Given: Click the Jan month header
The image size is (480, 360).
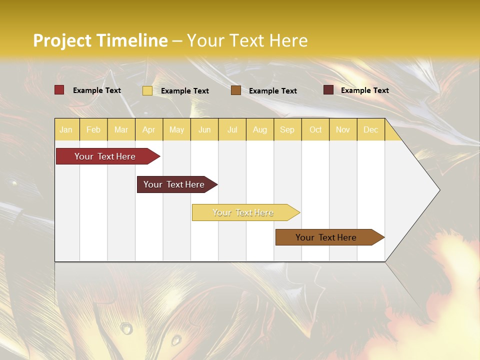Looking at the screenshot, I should point(66,129).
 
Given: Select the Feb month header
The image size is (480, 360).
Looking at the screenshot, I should point(93,129).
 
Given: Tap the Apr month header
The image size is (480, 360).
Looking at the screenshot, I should point(149,129).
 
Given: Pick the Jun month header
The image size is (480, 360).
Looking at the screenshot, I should point(204,129).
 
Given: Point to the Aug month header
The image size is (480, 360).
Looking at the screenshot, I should point(260,129).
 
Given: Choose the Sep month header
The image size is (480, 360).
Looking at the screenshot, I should point(287,129).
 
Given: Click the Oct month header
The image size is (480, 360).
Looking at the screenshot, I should point(315,129).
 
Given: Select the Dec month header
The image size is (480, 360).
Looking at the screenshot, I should point(371,129).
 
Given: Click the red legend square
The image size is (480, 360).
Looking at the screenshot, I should point(59,90).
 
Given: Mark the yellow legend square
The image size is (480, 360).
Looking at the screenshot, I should point(147,90).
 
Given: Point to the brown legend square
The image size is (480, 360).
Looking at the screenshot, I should point(236,90).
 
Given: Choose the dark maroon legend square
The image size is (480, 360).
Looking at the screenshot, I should point(328,90).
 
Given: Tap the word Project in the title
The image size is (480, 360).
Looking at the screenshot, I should point(62,40).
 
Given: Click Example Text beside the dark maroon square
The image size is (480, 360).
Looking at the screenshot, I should point(364,90).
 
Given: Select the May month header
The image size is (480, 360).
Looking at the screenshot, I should point(176,129).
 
